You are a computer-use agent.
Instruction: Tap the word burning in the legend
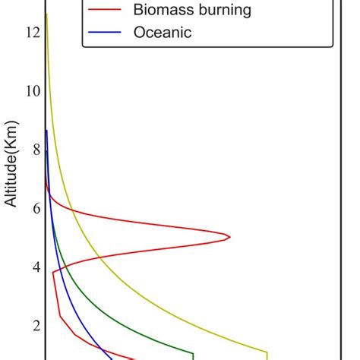click(x=231, y=11)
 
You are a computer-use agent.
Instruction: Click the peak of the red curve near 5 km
click(x=230, y=237)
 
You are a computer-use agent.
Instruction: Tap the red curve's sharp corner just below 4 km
click(x=52, y=273)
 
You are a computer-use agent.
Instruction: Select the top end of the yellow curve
click(x=46, y=14)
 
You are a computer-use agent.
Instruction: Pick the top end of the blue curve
click(x=46, y=131)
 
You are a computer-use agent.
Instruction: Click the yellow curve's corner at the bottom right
click(x=267, y=352)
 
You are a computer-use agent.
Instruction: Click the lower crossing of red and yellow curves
click(x=99, y=260)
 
